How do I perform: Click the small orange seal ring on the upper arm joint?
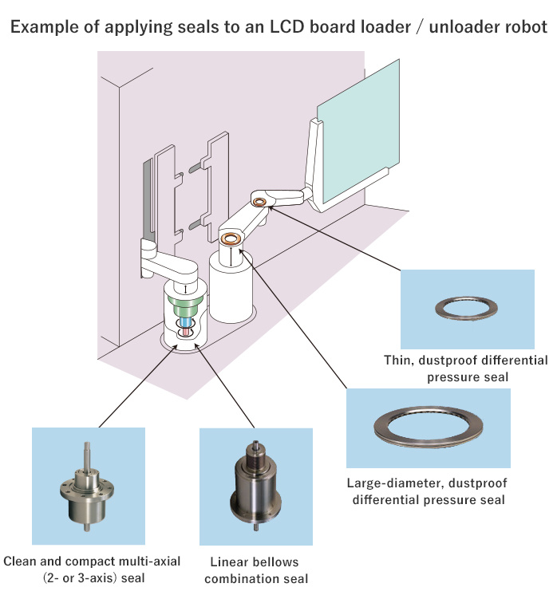[x=259, y=203]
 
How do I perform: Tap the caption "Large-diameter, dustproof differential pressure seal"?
[x=428, y=491]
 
